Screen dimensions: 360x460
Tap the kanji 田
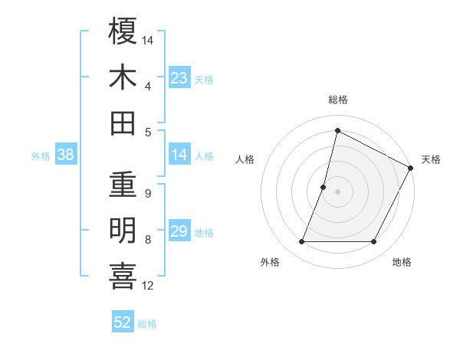coord(123,123)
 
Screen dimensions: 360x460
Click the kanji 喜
coord(123,277)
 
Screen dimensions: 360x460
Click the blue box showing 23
coord(179,78)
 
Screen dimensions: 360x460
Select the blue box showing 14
coord(179,155)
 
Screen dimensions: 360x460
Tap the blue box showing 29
coord(179,232)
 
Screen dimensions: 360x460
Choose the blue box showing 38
coord(65,155)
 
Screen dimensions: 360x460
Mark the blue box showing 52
coord(123,322)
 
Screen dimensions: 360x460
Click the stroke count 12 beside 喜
coord(148,286)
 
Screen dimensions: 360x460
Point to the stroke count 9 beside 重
coord(147,194)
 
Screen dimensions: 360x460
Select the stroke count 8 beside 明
coord(147,240)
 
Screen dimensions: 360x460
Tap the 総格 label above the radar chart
coord(337,100)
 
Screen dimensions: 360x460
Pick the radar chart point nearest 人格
coord(324,187)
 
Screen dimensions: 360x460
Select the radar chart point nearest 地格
coord(374,242)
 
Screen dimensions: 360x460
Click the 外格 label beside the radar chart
coord(270,262)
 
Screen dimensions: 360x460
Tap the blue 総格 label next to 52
coord(147,323)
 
